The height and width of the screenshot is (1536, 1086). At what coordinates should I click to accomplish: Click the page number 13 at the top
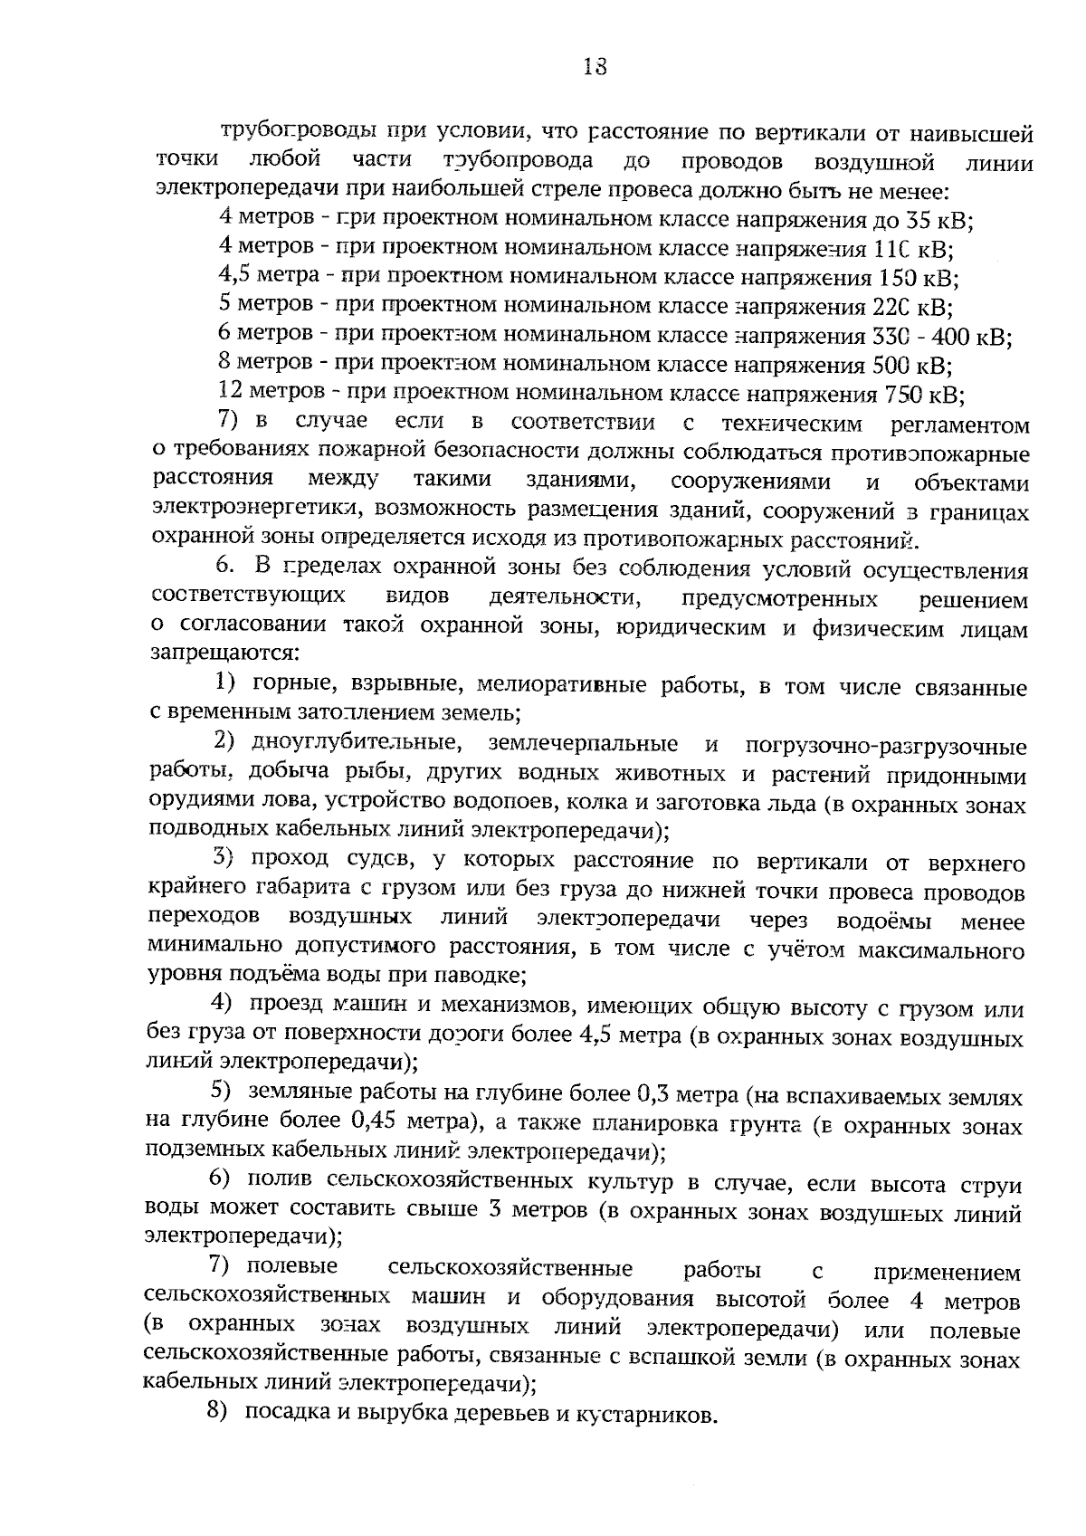[x=595, y=67]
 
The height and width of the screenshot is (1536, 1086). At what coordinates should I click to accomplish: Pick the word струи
[x=991, y=1185]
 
